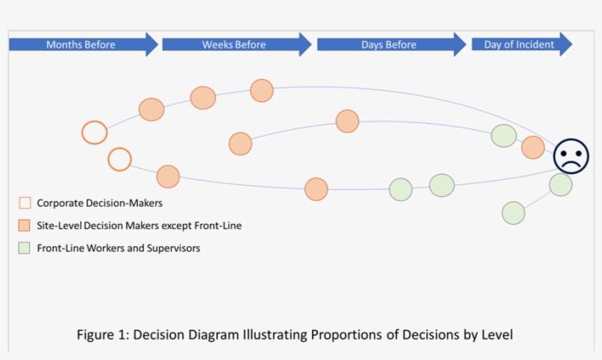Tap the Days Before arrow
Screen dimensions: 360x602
[x=390, y=45]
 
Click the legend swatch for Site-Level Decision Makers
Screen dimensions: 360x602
[x=25, y=226]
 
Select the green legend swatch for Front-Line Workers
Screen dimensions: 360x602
[x=25, y=248]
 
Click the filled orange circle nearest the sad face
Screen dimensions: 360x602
[x=533, y=148]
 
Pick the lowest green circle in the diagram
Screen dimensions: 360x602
[x=514, y=213]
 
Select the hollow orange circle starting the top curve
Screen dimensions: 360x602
[x=94, y=133]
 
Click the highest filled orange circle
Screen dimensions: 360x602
[x=261, y=90]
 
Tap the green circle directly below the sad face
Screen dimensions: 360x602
[x=561, y=184]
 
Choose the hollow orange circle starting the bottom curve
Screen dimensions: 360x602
[x=120, y=159]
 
